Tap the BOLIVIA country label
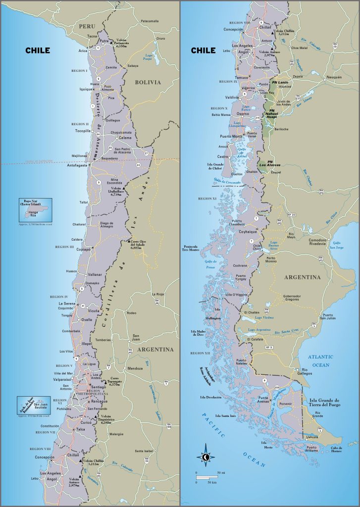(x=148, y=82)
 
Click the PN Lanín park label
(x=280, y=82)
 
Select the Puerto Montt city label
(x=231, y=136)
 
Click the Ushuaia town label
(x=312, y=437)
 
